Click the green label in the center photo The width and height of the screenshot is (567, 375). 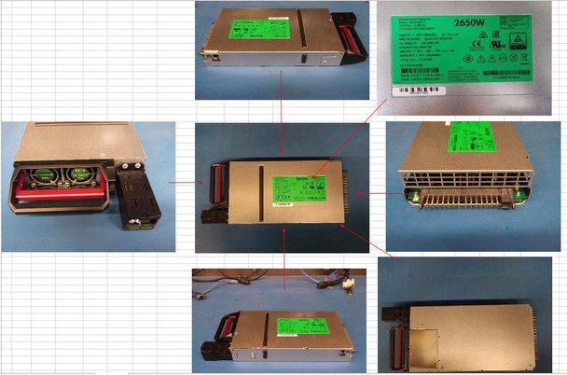pos(297,186)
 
